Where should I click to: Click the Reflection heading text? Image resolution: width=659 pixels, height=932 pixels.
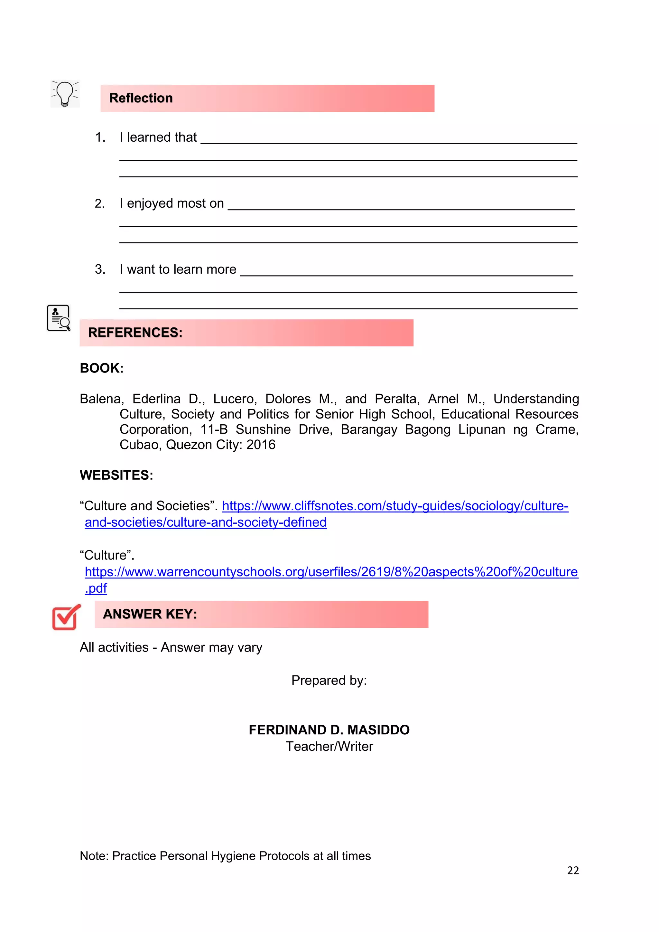point(141,98)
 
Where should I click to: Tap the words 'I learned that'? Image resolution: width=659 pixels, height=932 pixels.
point(158,137)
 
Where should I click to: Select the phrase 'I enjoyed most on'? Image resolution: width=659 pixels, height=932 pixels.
point(172,203)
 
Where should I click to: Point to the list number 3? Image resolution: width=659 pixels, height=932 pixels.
point(100,269)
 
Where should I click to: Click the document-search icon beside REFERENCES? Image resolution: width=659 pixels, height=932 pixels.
point(59,318)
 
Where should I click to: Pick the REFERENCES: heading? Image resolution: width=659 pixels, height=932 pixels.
point(135,333)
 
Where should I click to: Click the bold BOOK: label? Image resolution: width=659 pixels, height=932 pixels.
point(101,368)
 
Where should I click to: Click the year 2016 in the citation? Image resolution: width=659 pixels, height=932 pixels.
point(261,445)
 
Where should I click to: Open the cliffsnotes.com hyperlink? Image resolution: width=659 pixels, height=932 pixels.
point(395,506)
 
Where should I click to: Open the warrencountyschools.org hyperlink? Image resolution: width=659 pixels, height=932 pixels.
point(331,572)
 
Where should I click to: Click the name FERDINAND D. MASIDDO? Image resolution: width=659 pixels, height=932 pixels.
point(329,730)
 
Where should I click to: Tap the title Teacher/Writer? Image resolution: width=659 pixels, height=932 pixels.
point(329,747)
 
